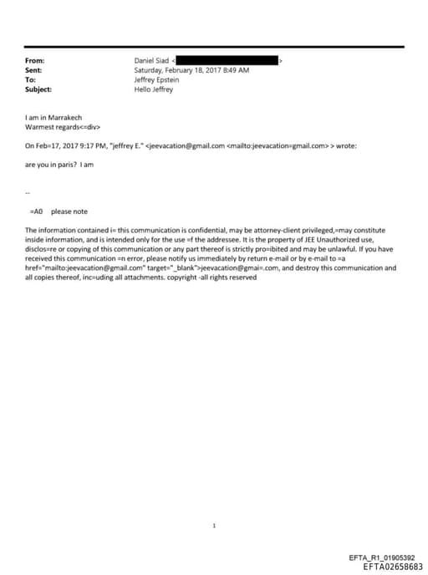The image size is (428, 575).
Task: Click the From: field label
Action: pyautogui.click(x=34, y=61)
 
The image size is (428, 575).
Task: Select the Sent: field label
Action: pyautogui.click(x=33, y=70)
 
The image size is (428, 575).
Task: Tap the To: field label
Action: pyautogui.click(x=30, y=79)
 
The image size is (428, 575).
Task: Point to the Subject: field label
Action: pyautogui.click(x=38, y=89)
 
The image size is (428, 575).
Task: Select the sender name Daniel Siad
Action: pyautogui.click(x=151, y=61)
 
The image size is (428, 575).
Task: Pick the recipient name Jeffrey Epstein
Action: pyautogui.click(x=156, y=79)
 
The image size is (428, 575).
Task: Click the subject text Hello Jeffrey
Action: pyautogui.click(x=153, y=89)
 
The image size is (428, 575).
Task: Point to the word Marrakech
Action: pyautogui.click(x=66, y=118)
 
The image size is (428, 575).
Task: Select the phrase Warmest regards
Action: pyautogui.click(x=51, y=127)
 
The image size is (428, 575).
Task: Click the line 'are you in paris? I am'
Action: pyautogui.click(x=59, y=165)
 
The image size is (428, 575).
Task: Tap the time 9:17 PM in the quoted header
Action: pyautogui.click(x=86, y=145)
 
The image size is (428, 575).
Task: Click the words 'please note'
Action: pyautogui.click(x=69, y=211)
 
